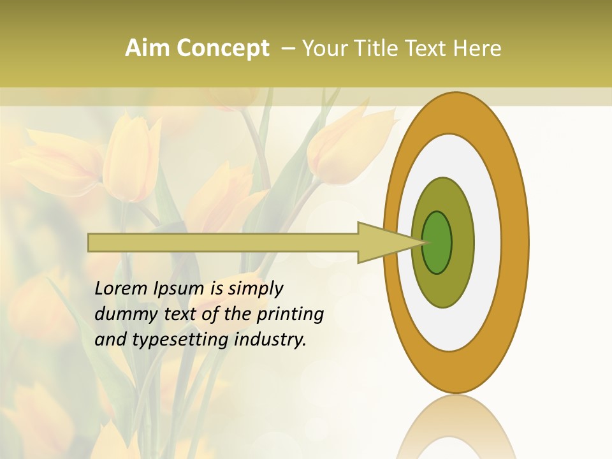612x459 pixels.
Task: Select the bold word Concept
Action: click(222, 49)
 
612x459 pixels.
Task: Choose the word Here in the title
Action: click(477, 48)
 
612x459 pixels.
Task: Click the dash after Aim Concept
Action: click(288, 49)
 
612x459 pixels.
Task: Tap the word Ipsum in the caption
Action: click(178, 289)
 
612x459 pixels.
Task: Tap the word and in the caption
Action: click(110, 340)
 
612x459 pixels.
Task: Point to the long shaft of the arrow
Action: click(223, 242)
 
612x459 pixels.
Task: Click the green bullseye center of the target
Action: click(437, 242)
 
